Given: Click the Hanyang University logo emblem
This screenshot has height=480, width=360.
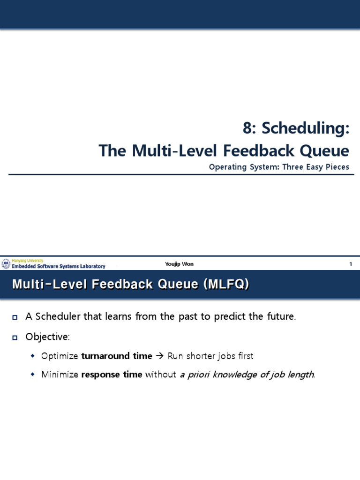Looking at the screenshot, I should coord(6,264).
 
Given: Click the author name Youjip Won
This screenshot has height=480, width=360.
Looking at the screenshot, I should coord(179,264).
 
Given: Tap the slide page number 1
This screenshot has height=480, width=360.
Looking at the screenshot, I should coord(350,264).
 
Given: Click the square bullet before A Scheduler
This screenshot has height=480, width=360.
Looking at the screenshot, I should coord(15,317).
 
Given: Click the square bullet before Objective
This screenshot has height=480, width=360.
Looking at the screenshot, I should coord(15,337).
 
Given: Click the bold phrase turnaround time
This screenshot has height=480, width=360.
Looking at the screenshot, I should coord(117,356).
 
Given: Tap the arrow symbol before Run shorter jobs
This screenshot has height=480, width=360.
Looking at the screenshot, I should coord(160,356).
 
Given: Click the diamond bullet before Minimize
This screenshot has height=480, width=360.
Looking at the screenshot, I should coord(32,375).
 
